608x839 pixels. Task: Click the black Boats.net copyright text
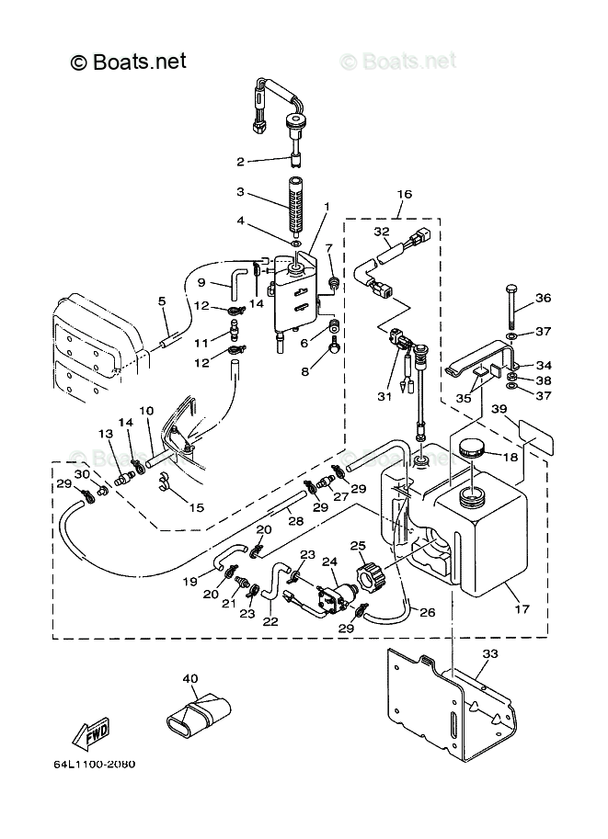[x=129, y=62]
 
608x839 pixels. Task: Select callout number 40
[x=190, y=680]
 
